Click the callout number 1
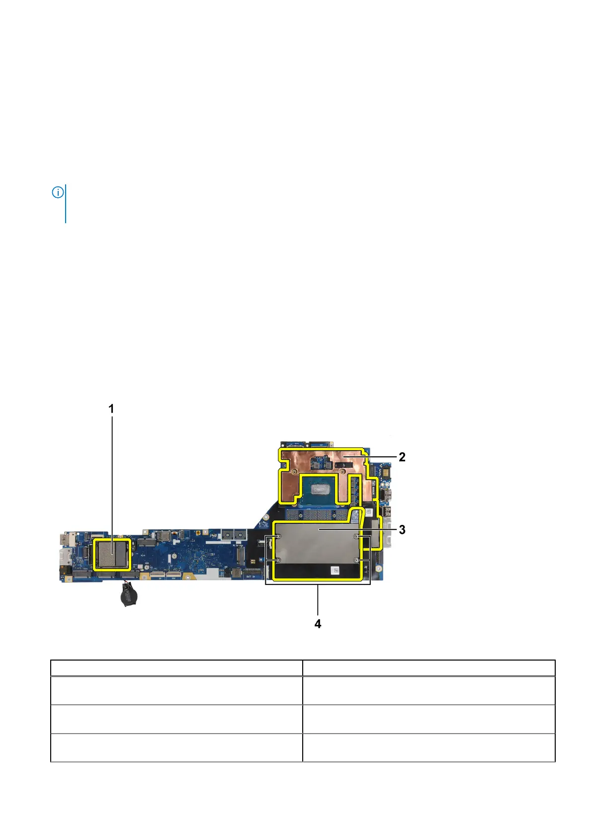pyautogui.click(x=111, y=409)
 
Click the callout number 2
pyautogui.click(x=402, y=457)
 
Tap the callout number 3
pyautogui.click(x=402, y=529)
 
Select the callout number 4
pyautogui.click(x=318, y=624)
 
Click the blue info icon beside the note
pyautogui.click(x=58, y=193)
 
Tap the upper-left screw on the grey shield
pyautogui.click(x=279, y=537)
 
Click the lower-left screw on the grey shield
pyautogui.click(x=279, y=560)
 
